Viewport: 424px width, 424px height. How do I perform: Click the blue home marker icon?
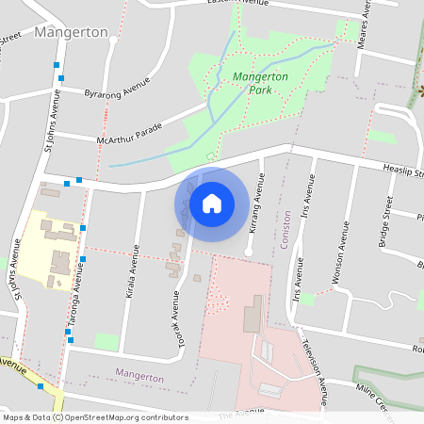tap(212, 204)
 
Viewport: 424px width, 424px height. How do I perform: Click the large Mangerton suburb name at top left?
tap(71, 32)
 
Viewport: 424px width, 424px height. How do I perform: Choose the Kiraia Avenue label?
tap(131, 272)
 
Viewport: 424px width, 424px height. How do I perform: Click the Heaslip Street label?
tap(403, 171)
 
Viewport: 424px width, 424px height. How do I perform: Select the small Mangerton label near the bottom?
tap(139, 376)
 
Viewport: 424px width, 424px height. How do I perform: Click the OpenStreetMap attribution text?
tap(94, 417)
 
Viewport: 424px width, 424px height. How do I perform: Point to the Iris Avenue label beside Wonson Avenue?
tap(305, 203)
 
